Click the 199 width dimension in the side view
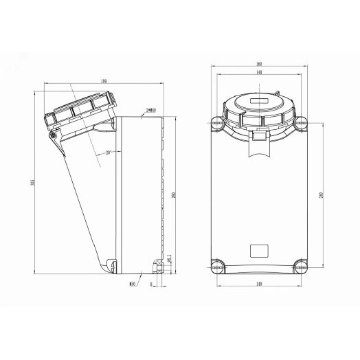102,82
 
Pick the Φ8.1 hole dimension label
170,258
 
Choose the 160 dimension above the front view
258,65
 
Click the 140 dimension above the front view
258,73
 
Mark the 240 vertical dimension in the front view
321,194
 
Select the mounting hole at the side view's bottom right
158,262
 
